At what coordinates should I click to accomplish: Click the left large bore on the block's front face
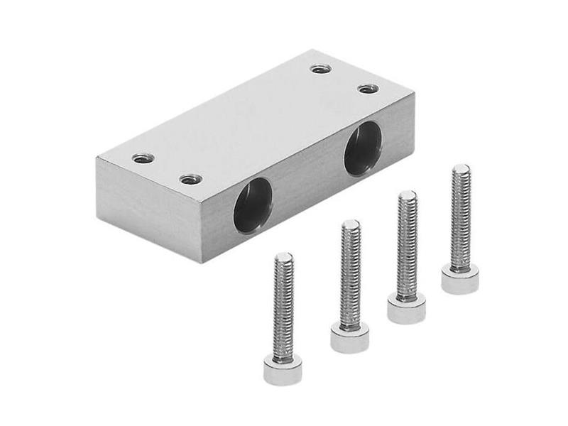[x=253, y=205]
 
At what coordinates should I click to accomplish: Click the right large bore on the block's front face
[x=362, y=148]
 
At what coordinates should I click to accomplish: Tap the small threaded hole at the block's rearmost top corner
[x=321, y=69]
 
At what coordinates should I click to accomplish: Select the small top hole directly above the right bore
[x=368, y=89]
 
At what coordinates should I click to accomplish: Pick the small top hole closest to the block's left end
[x=143, y=158]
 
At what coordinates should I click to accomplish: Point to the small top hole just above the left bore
[x=190, y=179]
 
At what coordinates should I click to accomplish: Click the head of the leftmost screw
[x=283, y=369]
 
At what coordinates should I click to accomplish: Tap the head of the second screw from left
[x=349, y=337]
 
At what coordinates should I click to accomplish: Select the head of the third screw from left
[x=406, y=308]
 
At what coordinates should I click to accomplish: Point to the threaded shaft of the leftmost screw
[x=283, y=305]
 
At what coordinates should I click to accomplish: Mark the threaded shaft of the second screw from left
[x=350, y=273]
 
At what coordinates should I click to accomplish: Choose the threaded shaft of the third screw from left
[x=407, y=245]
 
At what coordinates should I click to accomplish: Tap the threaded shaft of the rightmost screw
[x=460, y=217]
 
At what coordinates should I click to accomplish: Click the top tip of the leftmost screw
[x=283, y=256]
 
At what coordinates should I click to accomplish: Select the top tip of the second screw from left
[x=350, y=224]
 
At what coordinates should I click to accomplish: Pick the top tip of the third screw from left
[x=407, y=195]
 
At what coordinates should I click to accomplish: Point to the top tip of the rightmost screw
[x=461, y=168]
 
